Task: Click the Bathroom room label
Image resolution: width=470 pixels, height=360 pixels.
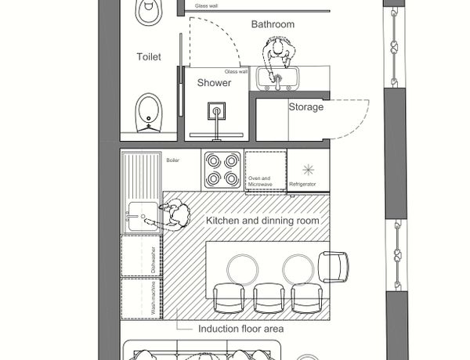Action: point(273,24)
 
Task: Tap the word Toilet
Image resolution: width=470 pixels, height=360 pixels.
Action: point(149,56)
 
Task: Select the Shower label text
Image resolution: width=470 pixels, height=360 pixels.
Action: point(214,83)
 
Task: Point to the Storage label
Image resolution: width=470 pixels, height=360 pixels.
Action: point(306,107)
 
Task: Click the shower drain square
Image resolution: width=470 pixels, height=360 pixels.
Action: point(216,111)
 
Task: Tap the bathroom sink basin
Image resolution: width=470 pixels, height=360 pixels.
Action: point(277,78)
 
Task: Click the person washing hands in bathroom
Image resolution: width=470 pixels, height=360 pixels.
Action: point(278,56)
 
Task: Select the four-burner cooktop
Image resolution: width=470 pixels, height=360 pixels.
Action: point(222,170)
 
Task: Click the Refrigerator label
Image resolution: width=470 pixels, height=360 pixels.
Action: point(302,184)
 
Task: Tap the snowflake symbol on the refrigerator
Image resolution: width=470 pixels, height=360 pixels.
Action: point(308,170)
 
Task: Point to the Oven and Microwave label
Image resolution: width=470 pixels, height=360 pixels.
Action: point(260,182)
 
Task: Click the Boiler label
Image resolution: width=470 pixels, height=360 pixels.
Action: point(172,160)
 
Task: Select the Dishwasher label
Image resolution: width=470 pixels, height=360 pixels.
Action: point(154,260)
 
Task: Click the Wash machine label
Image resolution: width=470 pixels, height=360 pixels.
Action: point(154,297)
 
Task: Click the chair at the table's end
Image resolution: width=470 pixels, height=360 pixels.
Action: point(334,267)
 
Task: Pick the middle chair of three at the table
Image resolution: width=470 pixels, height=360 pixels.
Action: point(269,297)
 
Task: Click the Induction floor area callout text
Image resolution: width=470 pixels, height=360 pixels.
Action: point(241,329)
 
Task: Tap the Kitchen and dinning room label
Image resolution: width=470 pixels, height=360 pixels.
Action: point(262,221)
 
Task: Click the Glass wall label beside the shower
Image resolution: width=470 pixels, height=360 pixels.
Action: point(237,71)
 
